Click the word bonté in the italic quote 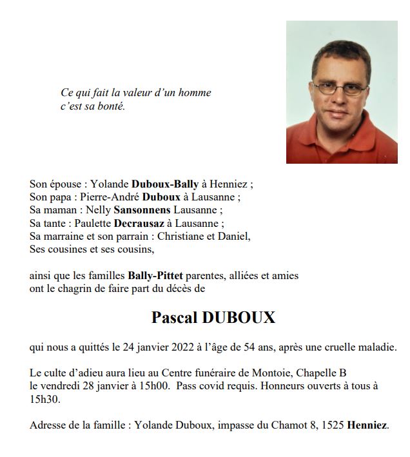(x=112, y=106)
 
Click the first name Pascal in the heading (x=175, y=318)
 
